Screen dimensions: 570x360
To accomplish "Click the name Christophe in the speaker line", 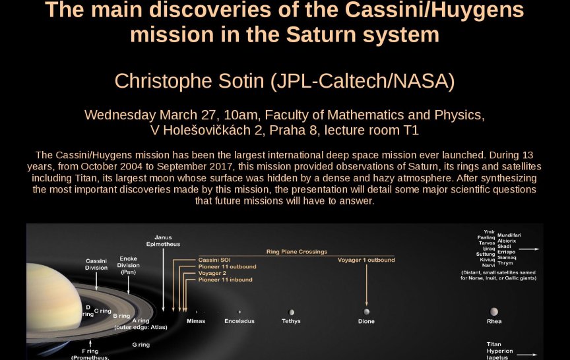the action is (x=164, y=81).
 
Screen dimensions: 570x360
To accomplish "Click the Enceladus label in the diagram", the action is (x=239, y=321).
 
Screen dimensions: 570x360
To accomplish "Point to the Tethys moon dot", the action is (x=291, y=312).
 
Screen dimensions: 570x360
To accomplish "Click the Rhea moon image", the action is (x=494, y=312).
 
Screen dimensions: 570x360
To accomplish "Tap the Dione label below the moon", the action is (x=366, y=321).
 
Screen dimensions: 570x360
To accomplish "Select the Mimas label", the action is (x=196, y=321).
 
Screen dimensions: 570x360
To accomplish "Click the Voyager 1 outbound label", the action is (x=366, y=260).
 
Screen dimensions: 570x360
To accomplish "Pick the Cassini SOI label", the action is (x=214, y=260).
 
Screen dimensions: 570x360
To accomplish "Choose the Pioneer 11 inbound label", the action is (x=226, y=280).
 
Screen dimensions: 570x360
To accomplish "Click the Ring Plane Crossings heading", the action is (x=297, y=252).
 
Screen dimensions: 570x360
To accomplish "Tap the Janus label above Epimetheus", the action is (x=163, y=237).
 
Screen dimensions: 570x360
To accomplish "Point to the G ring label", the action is (x=141, y=345).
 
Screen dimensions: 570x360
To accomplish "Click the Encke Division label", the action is (x=129, y=262).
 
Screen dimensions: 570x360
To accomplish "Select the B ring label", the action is (x=121, y=316).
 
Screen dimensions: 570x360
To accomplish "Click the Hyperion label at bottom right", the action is (x=500, y=351).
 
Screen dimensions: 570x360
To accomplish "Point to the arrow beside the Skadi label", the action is (x=529, y=249).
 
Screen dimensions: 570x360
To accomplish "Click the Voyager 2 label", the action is (x=212, y=273).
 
